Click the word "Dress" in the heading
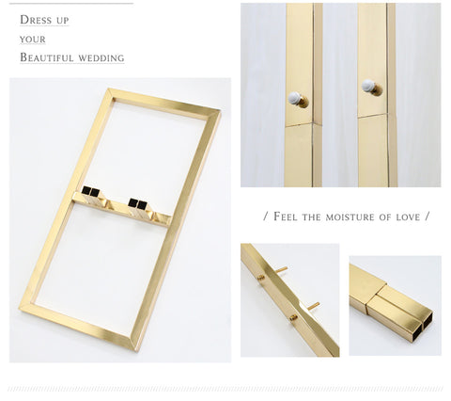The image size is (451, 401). [x=36, y=20]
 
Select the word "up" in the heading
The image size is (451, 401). [x=63, y=21]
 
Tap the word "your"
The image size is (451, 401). [x=33, y=40]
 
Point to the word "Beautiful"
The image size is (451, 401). [x=47, y=57]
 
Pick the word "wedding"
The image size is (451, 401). [x=101, y=58]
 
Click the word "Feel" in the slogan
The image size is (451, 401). [x=286, y=217]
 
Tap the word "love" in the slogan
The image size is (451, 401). [x=408, y=217]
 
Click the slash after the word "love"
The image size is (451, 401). [x=427, y=217]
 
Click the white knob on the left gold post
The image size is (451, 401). [x=295, y=98]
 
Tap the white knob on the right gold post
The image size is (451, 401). [x=368, y=86]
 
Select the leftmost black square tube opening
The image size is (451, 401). [x=86, y=190]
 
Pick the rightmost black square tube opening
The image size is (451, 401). [x=142, y=205]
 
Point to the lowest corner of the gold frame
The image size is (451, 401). [x=135, y=349]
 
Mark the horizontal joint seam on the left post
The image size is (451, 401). [x=299, y=124]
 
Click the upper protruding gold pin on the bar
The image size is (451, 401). [x=282, y=269]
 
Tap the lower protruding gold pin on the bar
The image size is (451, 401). [x=314, y=306]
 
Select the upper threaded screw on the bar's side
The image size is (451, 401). [x=261, y=277]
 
